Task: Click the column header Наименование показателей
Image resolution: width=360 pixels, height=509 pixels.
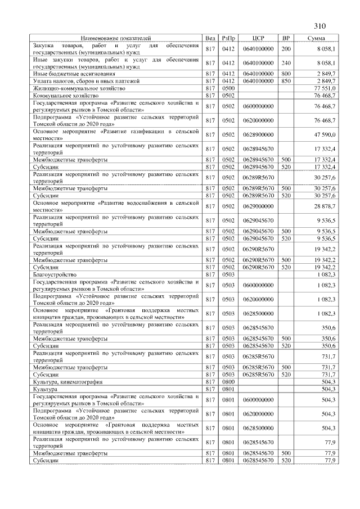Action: click(x=115, y=38)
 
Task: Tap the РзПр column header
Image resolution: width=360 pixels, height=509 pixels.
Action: click(x=228, y=38)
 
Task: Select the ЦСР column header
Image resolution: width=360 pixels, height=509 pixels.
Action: click(x=259, y=38)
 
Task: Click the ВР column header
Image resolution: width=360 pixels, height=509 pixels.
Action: click(x=286, y=38)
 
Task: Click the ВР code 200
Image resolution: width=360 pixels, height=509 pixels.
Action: click(x=286, y=49)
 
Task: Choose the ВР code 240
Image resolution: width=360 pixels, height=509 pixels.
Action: click(x=286, y=63)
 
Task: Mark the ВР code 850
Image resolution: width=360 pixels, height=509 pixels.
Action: click(x=286, y=81)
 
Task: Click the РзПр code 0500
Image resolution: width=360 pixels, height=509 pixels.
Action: click(x=228, y=88)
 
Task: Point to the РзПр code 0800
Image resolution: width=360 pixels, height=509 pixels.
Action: click(x=228, y=381)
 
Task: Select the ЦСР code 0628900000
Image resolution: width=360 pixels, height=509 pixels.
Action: click(x=258, y=134)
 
